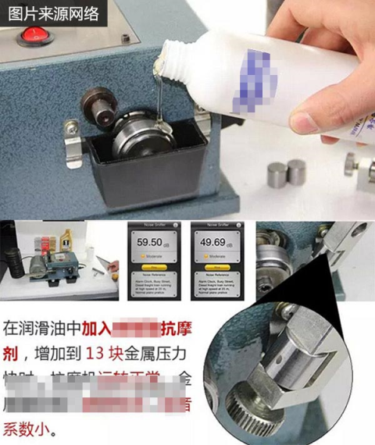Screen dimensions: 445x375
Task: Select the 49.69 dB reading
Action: [214, 242]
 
